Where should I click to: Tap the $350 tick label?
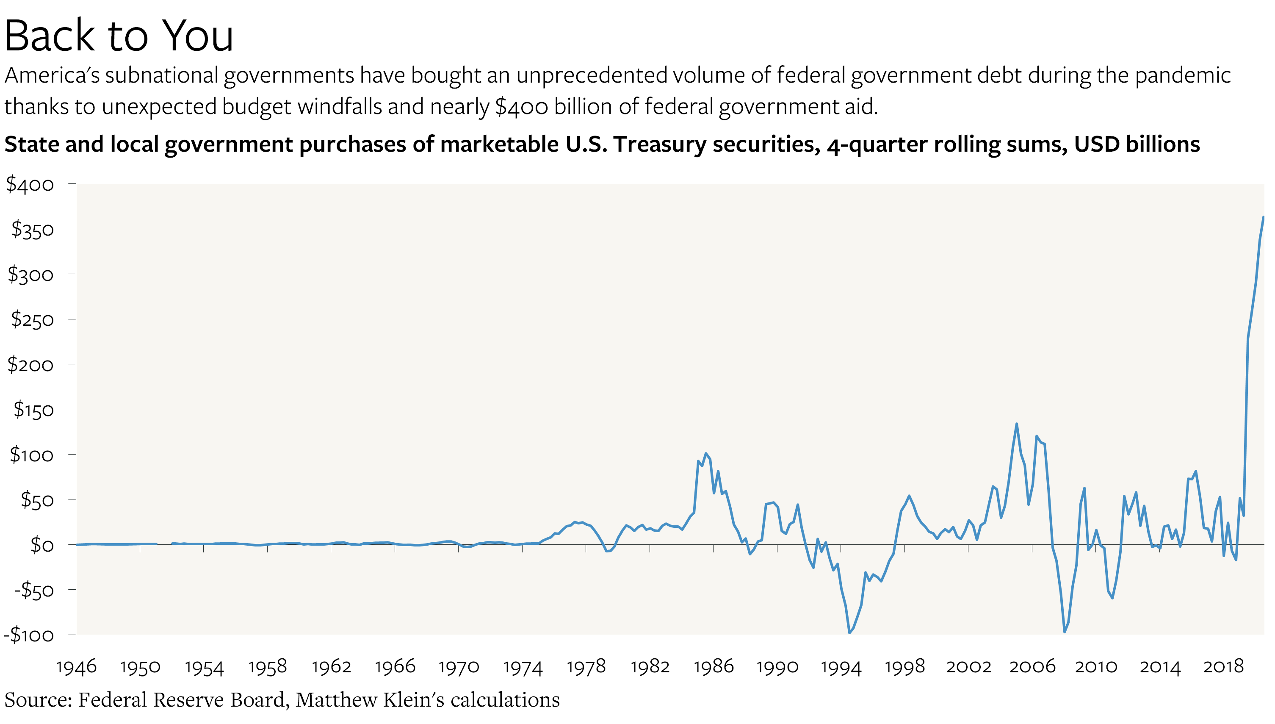(x=32, y=230)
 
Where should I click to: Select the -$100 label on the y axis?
(x=29, y=635)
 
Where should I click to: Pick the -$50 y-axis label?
(x=34, y=590)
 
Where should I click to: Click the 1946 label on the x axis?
(x=76, y=667)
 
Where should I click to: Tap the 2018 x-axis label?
(x=1223, y=667)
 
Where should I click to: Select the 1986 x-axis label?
(x=714, y=667)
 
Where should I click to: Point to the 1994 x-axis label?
(x=841, y=667)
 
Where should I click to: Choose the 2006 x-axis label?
(x=1032, y=667)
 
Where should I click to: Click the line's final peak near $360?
(x=1263, y=217)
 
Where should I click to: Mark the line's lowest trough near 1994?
(x=849, y=632)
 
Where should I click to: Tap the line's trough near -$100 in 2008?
(x=1064, y=632)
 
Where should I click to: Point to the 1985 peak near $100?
(x=705, y=453)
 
